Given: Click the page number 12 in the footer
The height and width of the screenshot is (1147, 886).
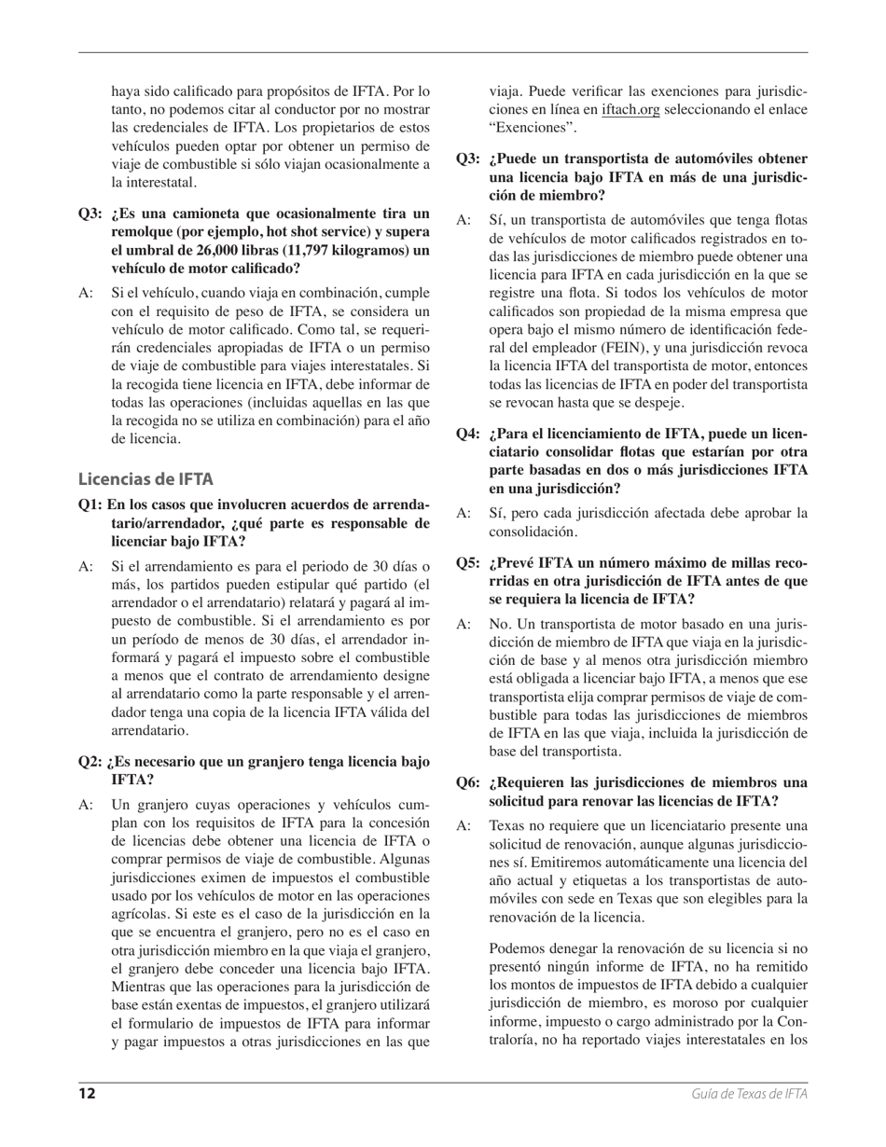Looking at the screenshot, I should click(87, 1094).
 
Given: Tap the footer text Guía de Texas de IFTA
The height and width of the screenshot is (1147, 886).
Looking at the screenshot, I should click(749, 1094).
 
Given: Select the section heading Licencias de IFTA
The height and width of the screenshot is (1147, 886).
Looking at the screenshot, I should click(145, 479).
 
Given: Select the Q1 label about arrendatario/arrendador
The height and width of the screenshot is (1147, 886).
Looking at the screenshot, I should click(90, 504).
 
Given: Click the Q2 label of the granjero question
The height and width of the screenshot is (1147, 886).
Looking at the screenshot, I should click(90, 761).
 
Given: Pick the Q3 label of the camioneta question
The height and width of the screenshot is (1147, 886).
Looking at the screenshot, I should click(90, 213).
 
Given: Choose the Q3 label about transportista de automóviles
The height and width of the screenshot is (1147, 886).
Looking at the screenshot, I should click(468, 159).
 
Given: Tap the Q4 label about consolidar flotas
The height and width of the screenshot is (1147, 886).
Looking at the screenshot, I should click(468, 434).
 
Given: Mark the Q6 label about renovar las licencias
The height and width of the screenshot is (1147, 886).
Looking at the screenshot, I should click(468, 781).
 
